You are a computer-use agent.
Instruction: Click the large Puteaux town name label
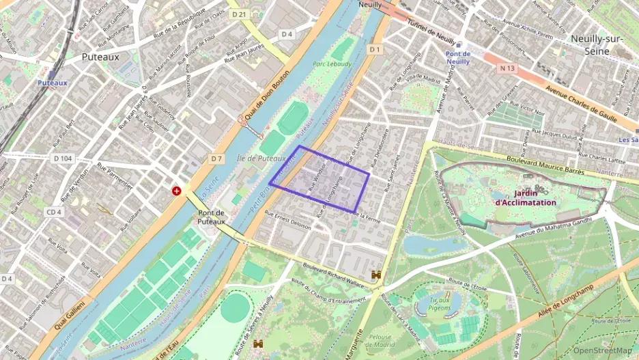click(x=100, y=57)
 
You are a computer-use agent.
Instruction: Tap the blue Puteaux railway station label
click(x=53, y=83)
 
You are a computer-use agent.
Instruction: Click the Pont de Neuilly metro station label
click(x=458, y=58)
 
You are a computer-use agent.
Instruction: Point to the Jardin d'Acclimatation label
click(x=525, y=198)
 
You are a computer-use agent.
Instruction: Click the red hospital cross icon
click(x=177, y=191)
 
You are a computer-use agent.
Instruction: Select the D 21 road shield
click(x=238, y=14)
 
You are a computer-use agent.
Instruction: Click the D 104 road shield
click(x=63, y=158)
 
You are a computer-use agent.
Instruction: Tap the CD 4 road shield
click(x=54, y=212)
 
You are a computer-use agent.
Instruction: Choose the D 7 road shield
click(x=216, y=158)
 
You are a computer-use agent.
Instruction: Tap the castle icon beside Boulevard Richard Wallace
click(x=375, y=275)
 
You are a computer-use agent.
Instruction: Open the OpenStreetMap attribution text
click(x=603, y=351)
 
